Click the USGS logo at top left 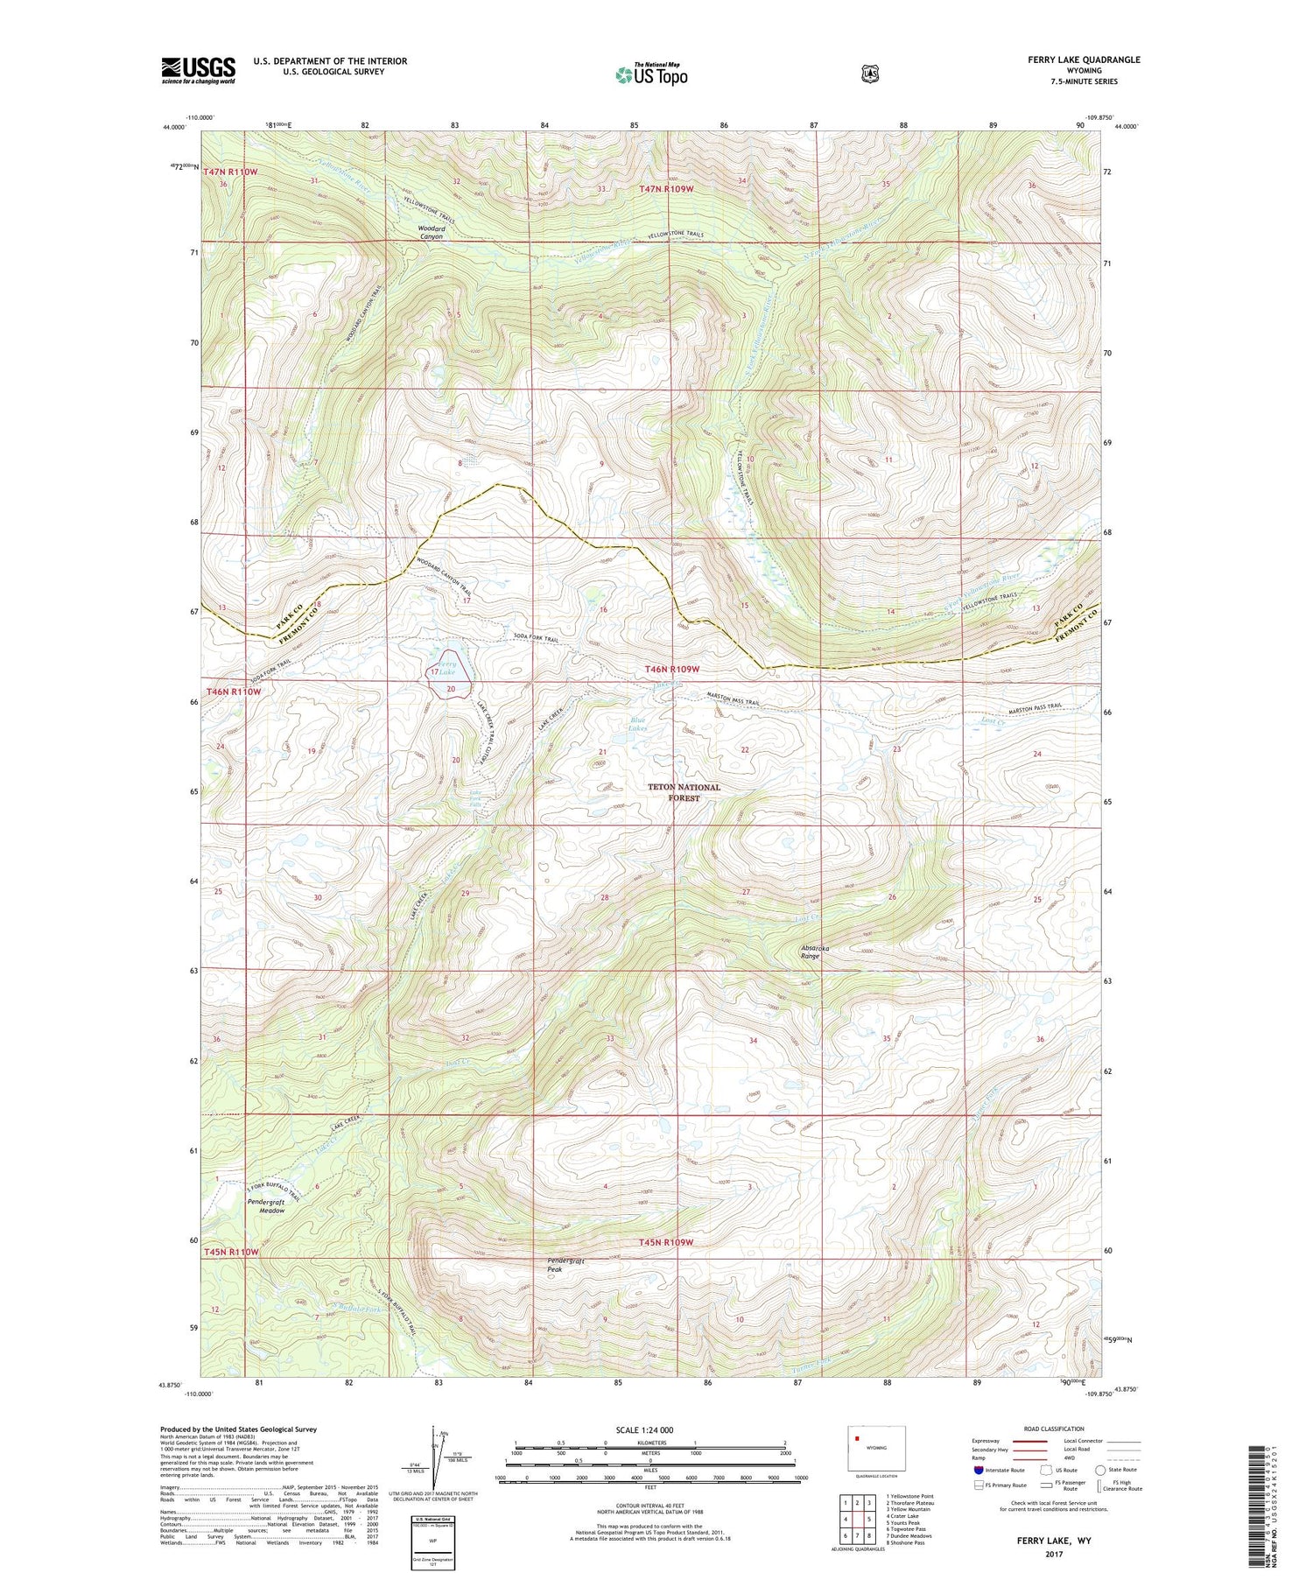point(199,70)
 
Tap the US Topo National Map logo point(651,74)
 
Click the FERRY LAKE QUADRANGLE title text point(1084,60)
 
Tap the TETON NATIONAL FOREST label point(684,791)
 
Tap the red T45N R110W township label point(232,1252)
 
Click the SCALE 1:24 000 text point(645,1429)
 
